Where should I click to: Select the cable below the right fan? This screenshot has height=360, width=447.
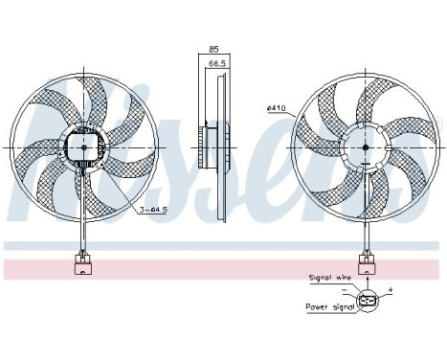point(367,230)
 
